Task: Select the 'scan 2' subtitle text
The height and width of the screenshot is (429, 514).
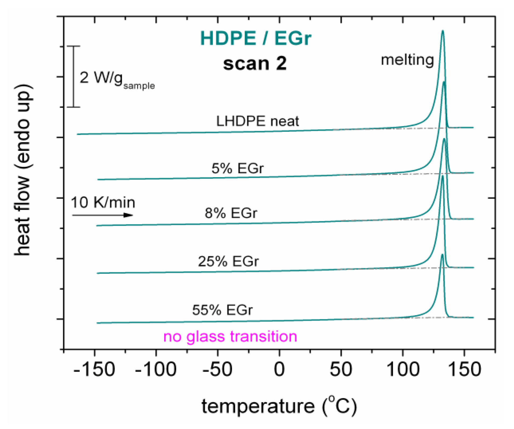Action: click(x=255, y=64)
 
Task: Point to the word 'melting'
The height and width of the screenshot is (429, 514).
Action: click(x=407, y=60)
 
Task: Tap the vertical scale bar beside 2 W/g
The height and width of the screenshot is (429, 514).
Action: click(x=73, y=77)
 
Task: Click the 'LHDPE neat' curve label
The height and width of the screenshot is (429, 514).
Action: click(x=257, y=121)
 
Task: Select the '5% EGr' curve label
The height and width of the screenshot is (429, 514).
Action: click(x=237, y=168)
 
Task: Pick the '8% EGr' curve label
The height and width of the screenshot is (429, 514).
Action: click(x=231, y=213)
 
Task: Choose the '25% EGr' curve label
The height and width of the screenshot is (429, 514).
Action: click(x=228, y=261)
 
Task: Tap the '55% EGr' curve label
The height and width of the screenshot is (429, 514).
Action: click(x=222, y=310)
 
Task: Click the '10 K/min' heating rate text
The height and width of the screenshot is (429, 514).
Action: click(x=103, y=202)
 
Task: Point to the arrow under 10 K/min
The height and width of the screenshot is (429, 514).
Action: click(x=103, y=215)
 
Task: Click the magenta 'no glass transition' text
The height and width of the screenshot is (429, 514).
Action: click(x=230, y=337)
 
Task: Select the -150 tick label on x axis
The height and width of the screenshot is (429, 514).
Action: click(x=94, y=369)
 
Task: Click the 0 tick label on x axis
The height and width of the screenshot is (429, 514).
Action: click(x=279, y=369)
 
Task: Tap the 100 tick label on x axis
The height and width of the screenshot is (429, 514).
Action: click(x=403, y=369)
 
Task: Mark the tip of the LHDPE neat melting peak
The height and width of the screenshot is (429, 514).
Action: click(x=442, y=31)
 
